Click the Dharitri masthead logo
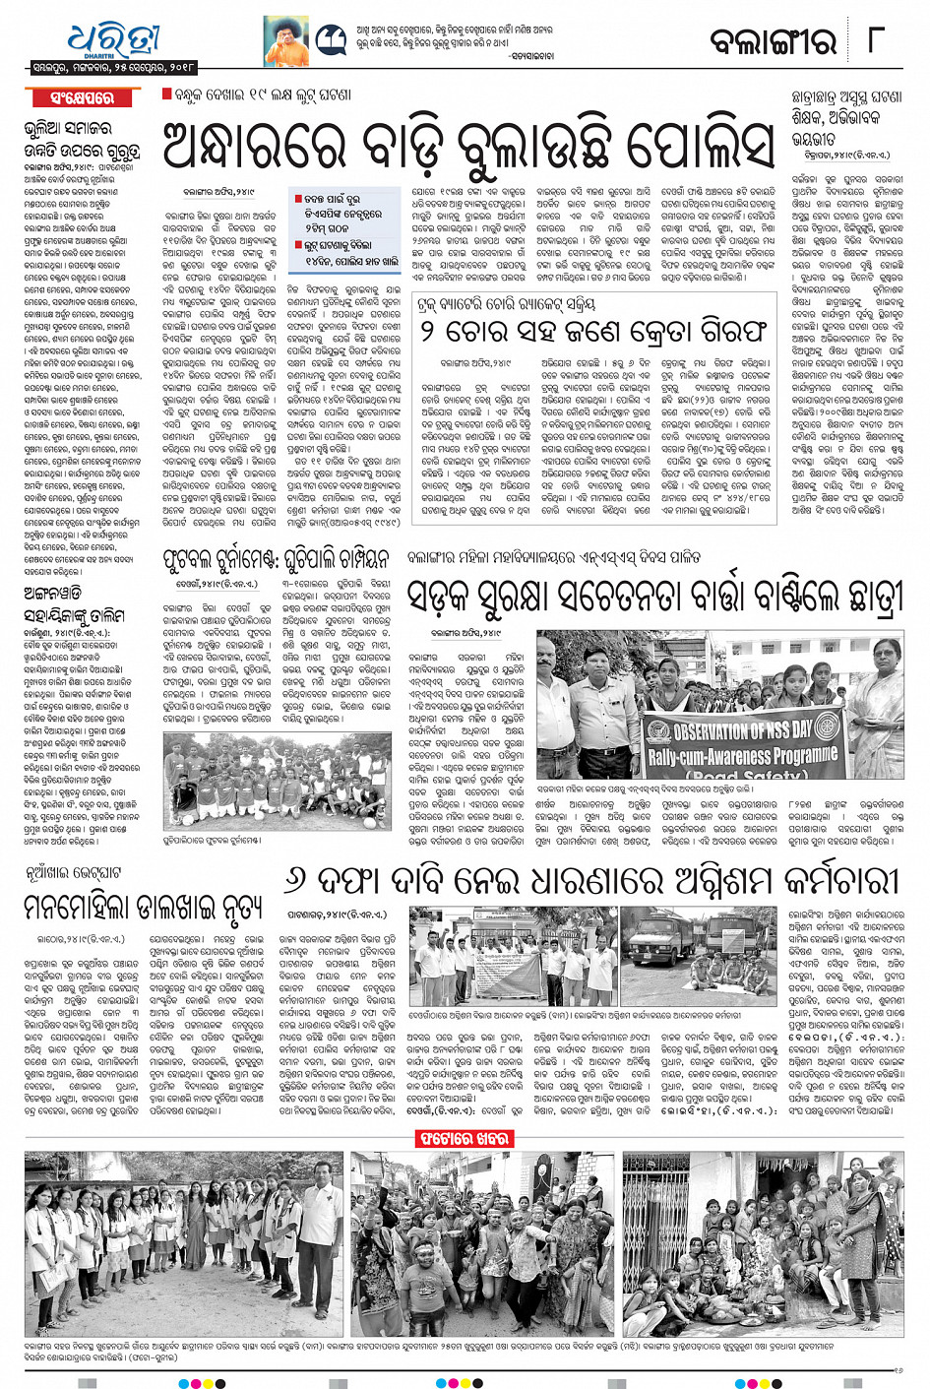coord(113,40)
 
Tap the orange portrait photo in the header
coord(286,42)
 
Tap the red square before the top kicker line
coord(166,94)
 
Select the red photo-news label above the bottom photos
coord(465,1140)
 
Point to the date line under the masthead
coord(112,68)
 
